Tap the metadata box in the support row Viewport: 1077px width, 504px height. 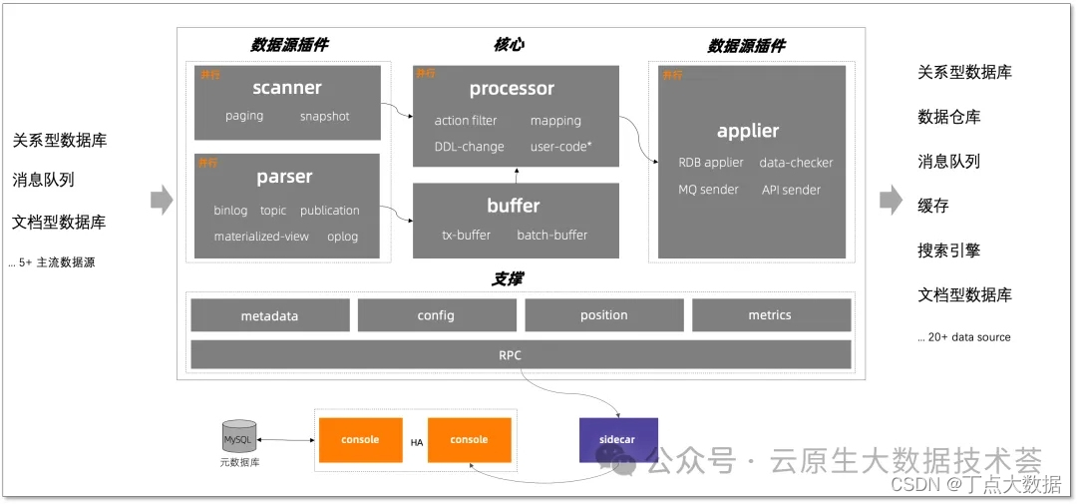click(269, 315)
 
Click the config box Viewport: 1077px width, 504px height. click(436, 315)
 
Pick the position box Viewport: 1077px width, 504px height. click(604, 315)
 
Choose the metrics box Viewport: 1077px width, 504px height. click(770, 315)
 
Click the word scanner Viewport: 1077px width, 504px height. click(287, 88)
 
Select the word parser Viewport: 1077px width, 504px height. click(284, 177)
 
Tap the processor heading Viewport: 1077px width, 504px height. click(512, 89)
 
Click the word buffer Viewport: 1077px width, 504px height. click(514, 206)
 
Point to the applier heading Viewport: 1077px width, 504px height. click(748, 131)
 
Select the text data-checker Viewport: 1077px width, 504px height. click(796, 163)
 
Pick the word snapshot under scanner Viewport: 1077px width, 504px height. click(325, 116)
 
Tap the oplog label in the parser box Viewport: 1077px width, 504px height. click(342, 237)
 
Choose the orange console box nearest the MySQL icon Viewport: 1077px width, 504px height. click(360, 439)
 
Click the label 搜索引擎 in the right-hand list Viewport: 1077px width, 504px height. click(949, 251)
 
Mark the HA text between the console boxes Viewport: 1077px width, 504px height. click(419, 441)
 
